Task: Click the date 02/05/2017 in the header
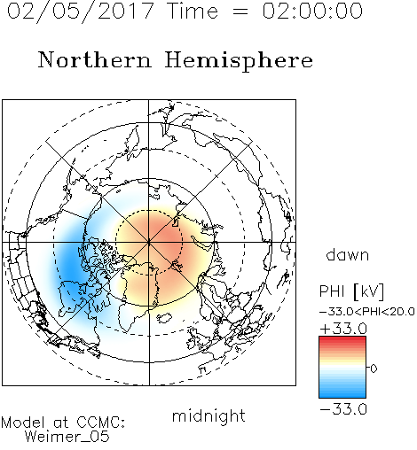81,12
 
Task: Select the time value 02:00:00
312,11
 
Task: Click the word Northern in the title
95,59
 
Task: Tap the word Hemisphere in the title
239,61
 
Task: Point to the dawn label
348,254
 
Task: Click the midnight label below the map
208,415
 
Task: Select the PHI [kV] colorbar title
351,291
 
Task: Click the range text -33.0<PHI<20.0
367,312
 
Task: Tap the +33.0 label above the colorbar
343,329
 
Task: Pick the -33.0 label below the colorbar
343,409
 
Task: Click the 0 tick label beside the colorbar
374,369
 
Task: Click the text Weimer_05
67,436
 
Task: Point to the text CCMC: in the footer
101,423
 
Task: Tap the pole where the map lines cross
149,242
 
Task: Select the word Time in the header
193,11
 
